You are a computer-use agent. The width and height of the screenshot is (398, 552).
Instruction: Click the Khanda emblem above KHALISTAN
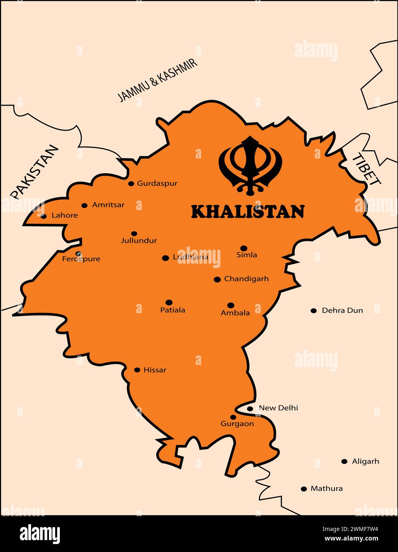[251, 165]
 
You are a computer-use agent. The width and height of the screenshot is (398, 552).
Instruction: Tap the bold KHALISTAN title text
[248, 212]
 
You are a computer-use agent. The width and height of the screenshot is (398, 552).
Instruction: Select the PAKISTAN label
[34, 172]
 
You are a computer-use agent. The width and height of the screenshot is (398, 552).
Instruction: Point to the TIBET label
[366, 169]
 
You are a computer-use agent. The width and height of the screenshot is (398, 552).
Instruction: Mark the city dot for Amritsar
[84, 205]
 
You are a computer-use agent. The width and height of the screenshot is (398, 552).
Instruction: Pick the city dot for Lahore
[44, 216]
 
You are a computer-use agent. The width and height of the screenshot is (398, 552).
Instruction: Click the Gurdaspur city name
[157, 183]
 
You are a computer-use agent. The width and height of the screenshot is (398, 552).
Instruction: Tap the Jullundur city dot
[134, 234]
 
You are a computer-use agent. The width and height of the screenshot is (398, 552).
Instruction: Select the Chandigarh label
[246, 279]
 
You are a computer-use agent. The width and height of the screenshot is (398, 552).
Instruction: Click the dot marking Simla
[244, 248]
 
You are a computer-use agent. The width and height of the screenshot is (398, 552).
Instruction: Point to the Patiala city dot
[169, 302]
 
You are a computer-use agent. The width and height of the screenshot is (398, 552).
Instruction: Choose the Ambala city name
[235, 313]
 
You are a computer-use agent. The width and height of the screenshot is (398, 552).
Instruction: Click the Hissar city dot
[137, 370]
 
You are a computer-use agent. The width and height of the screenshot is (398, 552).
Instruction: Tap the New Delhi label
[278, 408]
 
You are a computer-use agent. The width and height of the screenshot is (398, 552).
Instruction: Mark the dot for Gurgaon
[233, 417]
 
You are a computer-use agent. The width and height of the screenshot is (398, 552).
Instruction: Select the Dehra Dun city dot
[314, 311]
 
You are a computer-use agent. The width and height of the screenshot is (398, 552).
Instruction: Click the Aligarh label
[365, 461]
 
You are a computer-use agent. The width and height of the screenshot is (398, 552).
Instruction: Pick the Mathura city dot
[304, 489]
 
